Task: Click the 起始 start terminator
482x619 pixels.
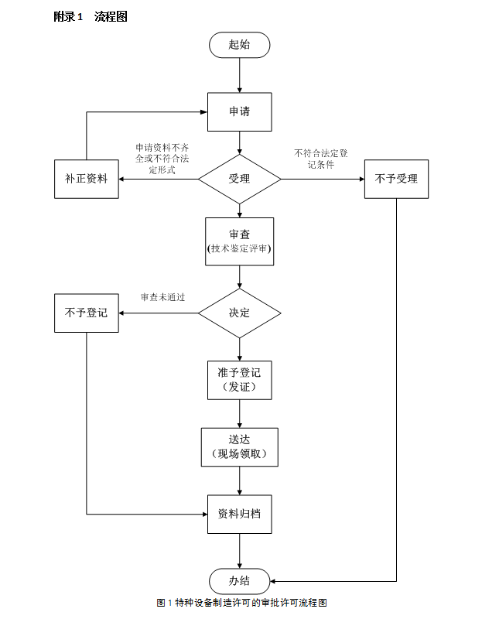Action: tap(239, 45)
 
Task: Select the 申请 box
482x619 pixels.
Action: tap(239, 111)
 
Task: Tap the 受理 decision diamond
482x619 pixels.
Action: tap(239, 179)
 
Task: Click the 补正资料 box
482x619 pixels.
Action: tap(86, 179)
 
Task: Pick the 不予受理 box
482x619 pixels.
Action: tap(396, 179)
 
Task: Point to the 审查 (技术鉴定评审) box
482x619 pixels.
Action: tap(239, 241)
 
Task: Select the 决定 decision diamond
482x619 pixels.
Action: tap(239, 313)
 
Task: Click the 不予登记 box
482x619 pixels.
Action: tap(86, 313)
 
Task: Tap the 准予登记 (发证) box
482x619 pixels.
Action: tap(239, 379)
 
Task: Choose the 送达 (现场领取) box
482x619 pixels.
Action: tap(239, 446)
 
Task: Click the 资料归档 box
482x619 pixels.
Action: tap(239, 513)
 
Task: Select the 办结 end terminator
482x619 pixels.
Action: tap(239, 580)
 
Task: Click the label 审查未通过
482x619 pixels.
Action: tap(163, 297)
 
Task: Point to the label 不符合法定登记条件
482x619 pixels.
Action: tap(320, 159)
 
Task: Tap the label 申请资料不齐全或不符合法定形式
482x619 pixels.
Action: tap(162, 159)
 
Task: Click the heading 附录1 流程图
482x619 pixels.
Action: tap(90, 16)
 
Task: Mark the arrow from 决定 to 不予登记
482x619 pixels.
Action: tap(159, 313)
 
